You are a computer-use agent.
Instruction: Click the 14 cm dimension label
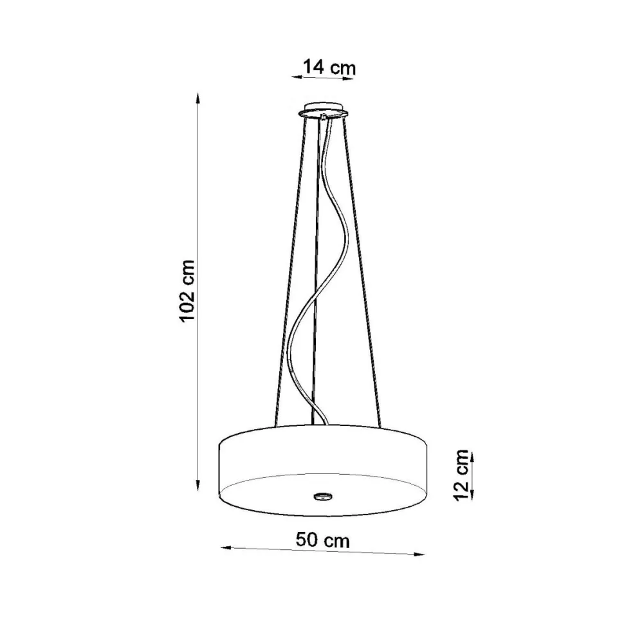pos(329,67)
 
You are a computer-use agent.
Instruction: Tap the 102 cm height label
pos(187,291)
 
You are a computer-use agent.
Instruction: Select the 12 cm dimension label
pos(462,475)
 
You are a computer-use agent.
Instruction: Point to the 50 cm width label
pos(322,540)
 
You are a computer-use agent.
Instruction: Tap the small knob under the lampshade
pos(323,496)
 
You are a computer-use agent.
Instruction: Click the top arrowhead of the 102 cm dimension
pos(197,100)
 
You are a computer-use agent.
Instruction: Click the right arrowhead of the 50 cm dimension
pos(419,554)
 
